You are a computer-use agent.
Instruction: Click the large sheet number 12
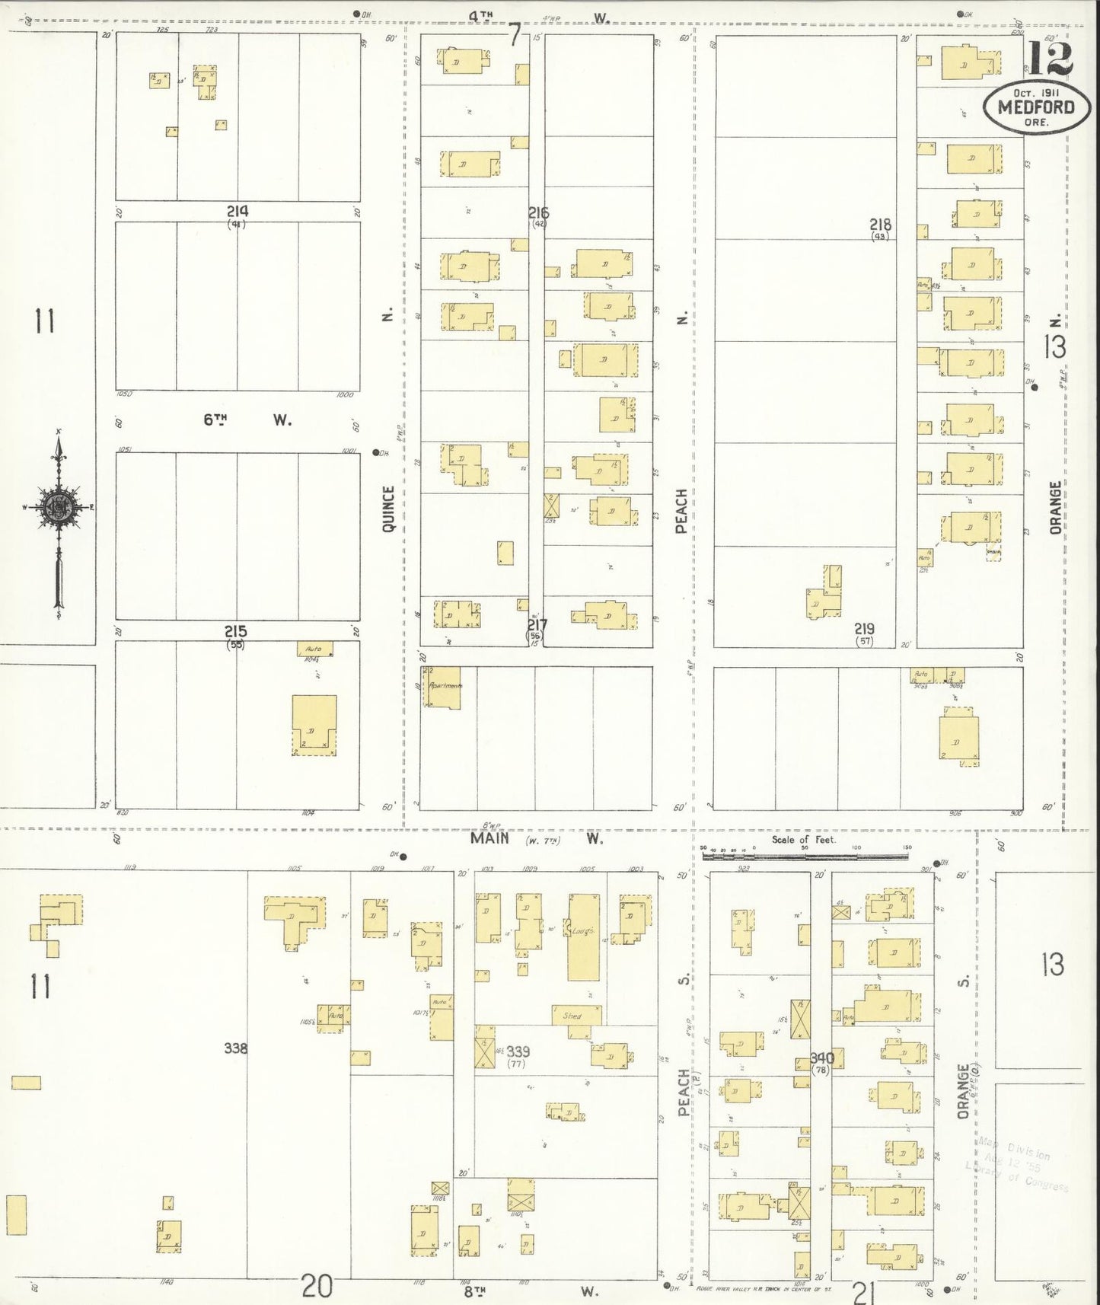point(1051,58)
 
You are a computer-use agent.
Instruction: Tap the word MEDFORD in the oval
point(1036,107)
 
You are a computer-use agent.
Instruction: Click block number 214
point(237,211)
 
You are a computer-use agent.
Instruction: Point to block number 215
point(235,631)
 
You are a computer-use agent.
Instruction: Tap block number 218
point(881,225)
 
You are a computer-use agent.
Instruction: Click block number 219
point(864,629)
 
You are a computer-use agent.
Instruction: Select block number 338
point(235,1048)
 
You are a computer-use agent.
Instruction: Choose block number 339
point(518,1052)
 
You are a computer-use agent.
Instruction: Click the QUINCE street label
point(389,508)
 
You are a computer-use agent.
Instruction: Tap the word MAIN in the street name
point(489,839)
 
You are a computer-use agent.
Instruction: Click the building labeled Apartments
point(442,688)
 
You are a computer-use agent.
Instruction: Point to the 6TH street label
point(216,420)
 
